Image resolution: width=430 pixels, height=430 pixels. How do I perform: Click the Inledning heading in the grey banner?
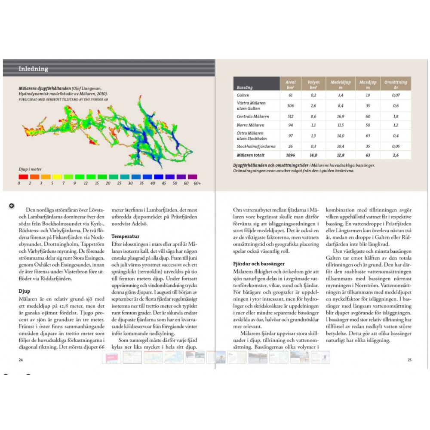pos(33,69)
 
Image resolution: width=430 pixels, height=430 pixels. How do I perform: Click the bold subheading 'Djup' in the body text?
pos(24,291)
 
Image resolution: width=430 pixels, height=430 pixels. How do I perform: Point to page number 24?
pos(21,360)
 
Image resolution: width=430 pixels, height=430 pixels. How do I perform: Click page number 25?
pos(409,360)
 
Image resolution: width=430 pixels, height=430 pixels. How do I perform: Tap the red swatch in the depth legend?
pos(23,176)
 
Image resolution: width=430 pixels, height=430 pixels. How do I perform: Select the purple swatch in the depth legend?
pos(192,176)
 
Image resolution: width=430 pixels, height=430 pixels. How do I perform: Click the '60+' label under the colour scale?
pos(197,184)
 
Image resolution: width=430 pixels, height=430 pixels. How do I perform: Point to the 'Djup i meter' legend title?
pos(30,169)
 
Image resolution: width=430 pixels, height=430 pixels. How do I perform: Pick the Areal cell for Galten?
pos(290,95)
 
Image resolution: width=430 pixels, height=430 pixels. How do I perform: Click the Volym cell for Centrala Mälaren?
pos(313,116)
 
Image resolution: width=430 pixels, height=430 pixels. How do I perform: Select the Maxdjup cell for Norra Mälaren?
pos(368,125)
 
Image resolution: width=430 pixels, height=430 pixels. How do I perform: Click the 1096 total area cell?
pos(290,155)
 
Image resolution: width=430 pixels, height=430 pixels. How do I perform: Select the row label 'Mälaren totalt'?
pos(251,155)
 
